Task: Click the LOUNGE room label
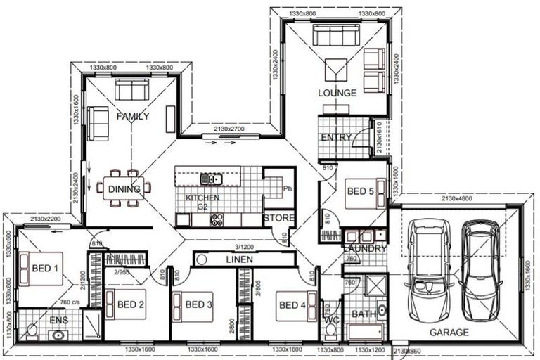pyautogui.click(x=337, y=93)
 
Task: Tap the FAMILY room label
pyautogui.click(x=133, y=116)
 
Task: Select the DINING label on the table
pyautogui.click(x=123, y=188)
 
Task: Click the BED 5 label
pyautogui.click(x=361, y=191)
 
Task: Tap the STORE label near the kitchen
pyautogui.click(x=278, y=218)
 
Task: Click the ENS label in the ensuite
pyautogui.click(x=59, y=320)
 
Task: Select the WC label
pyautogui.click(x=331, y=325)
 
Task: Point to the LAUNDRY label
pyautogui.click(x=365, y=249)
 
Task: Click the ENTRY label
pyautogui.click(x=335, y=137)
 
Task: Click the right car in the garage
pyautogui.click(x=482, y=259)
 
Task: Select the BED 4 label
pyautogui.click(x=292, y=305)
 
